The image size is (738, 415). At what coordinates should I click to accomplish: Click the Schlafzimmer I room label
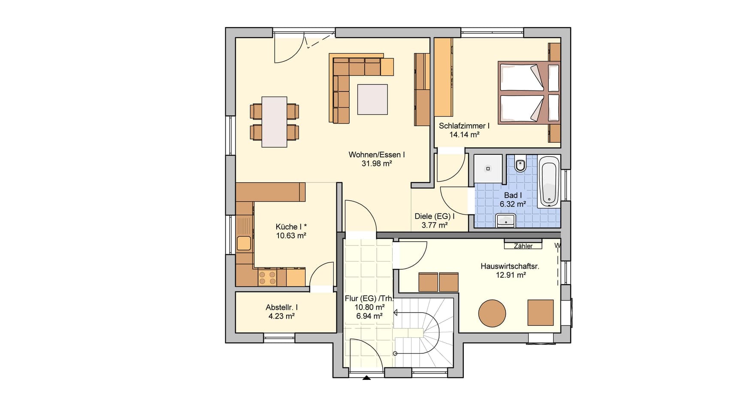[464, 126]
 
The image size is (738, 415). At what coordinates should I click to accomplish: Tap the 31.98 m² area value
[377, 163]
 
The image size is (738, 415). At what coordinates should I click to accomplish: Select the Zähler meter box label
[523, 246]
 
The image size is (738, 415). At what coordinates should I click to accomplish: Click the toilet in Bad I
[521, 164]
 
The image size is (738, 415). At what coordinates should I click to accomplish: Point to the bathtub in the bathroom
[549, 181]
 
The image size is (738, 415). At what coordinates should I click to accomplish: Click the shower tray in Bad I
[488, 169]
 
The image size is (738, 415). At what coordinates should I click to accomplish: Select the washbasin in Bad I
[506, 220]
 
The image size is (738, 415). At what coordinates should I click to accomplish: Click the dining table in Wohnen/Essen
[275, 122]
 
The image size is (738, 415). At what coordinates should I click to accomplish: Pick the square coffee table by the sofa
[372, 99]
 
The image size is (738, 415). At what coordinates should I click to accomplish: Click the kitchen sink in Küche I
[244, 243]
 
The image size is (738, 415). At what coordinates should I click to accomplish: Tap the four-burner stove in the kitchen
[267, 277]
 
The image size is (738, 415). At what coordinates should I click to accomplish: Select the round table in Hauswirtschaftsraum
[492, 313]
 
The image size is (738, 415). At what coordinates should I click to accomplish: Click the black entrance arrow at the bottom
[366, 378]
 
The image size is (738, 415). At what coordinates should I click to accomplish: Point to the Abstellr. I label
[281, 307]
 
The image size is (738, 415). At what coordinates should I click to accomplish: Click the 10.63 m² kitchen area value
[291, 235]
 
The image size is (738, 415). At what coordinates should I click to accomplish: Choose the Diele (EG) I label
[435, 216]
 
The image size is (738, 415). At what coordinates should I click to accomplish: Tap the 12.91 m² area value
[511, 275]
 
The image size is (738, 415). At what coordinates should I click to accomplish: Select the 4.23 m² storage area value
[281, 316]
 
